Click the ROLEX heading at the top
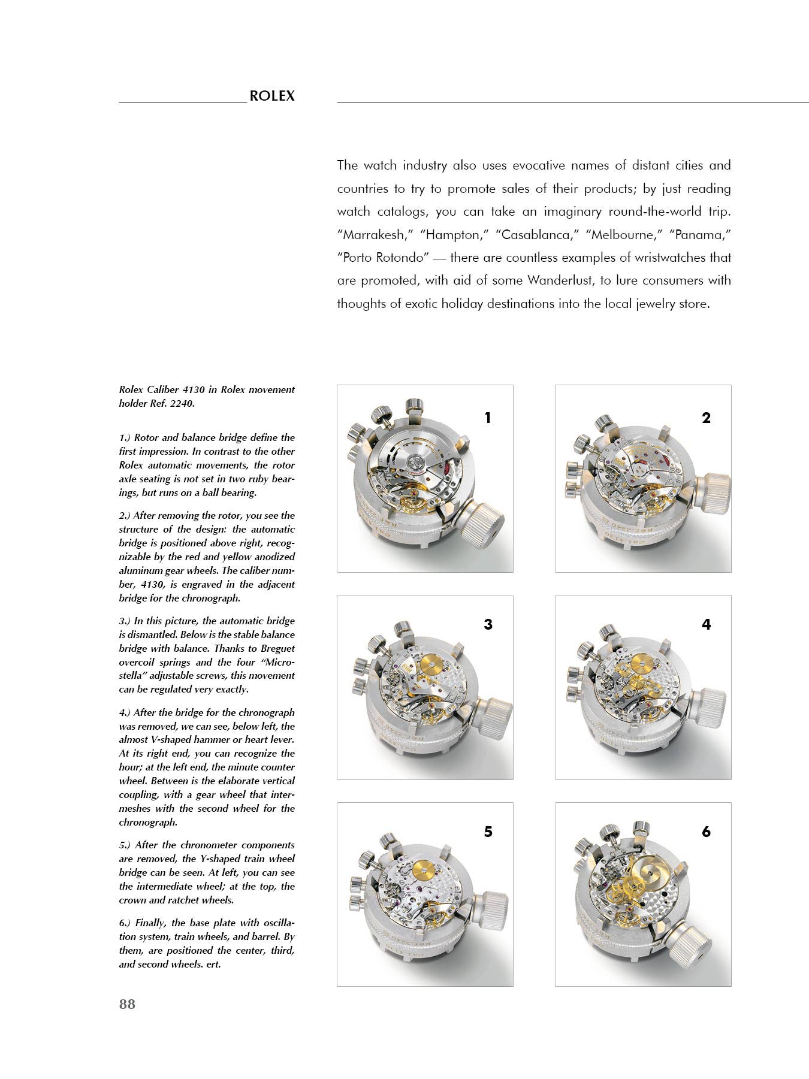pyautogui.click(x=271, y=96)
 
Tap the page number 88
pyautogui.click(x=127, y=1005)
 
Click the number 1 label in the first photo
pyautogui.click(x=488, y=418)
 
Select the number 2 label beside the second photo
pyautogui.click(x=706, y=418)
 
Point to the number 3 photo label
pyautogui.click(x=488, y=624)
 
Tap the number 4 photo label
pyautogui.click(x=706, y=624)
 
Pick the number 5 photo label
pyautogui.click(x=488, y=832)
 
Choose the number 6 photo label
pyautogui.click(x=706, y=832)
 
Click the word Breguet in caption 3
pyautogui.click(x=279, y=648)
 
